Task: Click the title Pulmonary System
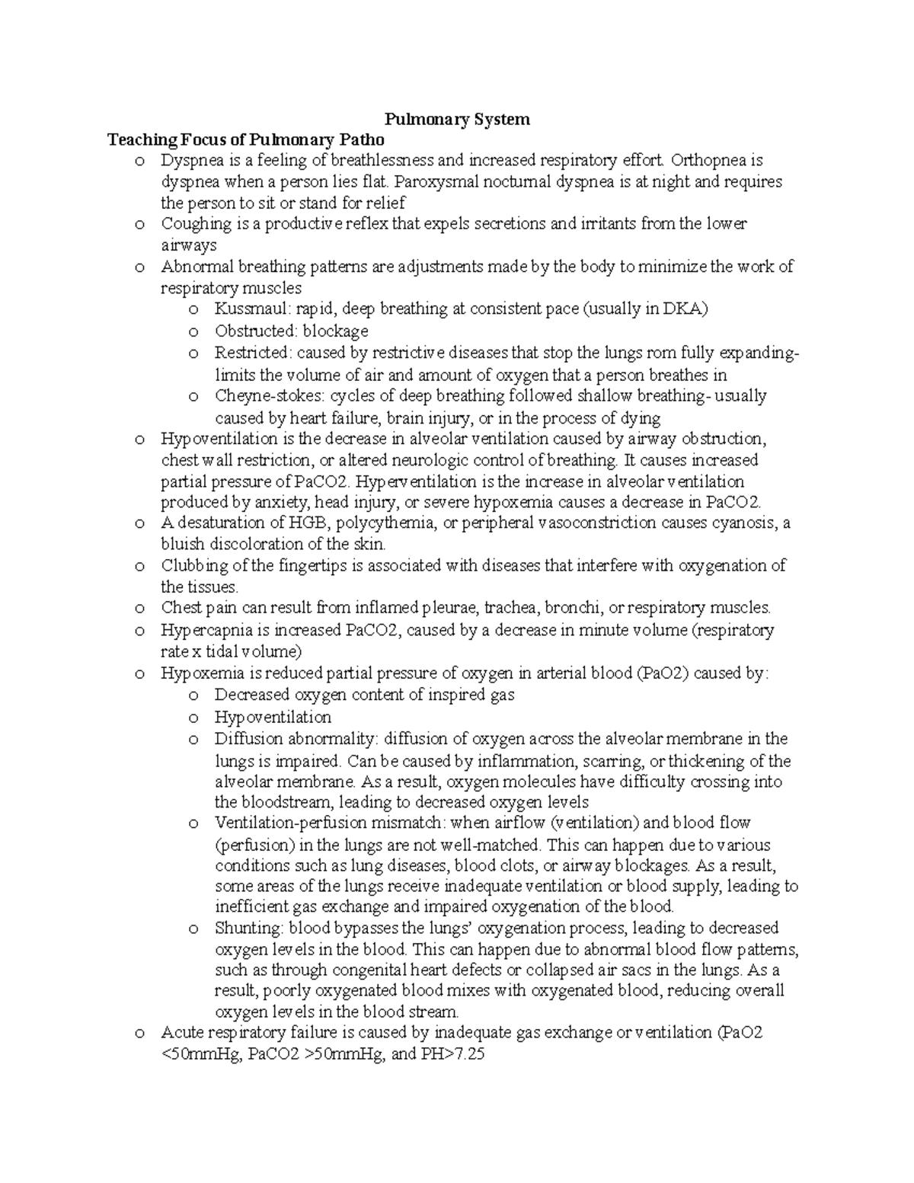pyautogui.click(x=456, y=120)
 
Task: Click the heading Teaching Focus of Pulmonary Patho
pyautogui.click(x=246, y=140)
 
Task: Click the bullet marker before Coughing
pyautogui.click(x=139, y=224)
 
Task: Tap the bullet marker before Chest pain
pyautogui.click(x=139, y=609)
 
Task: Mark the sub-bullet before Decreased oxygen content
pyautogui.click(x=193, y=695)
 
